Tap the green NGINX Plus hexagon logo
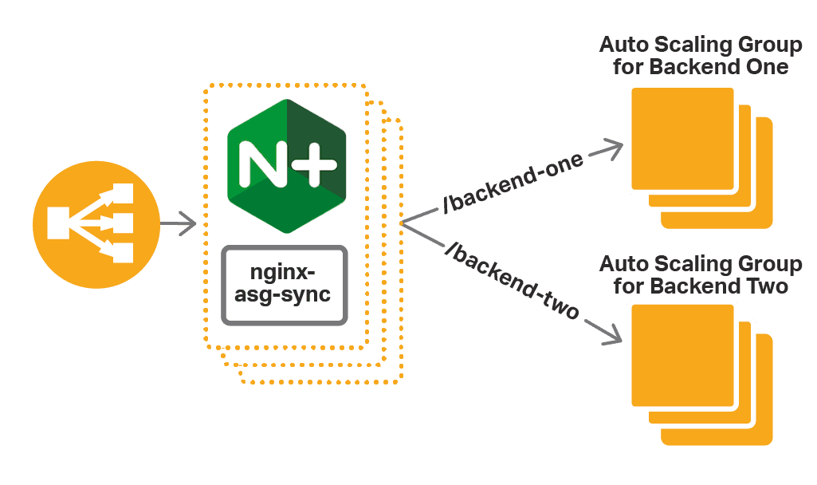coord(286,166)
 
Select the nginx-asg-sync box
coord(285,285)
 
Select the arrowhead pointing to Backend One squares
coord(611,149)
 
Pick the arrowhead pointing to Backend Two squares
coord(611,333)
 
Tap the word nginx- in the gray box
coord(285,271)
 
